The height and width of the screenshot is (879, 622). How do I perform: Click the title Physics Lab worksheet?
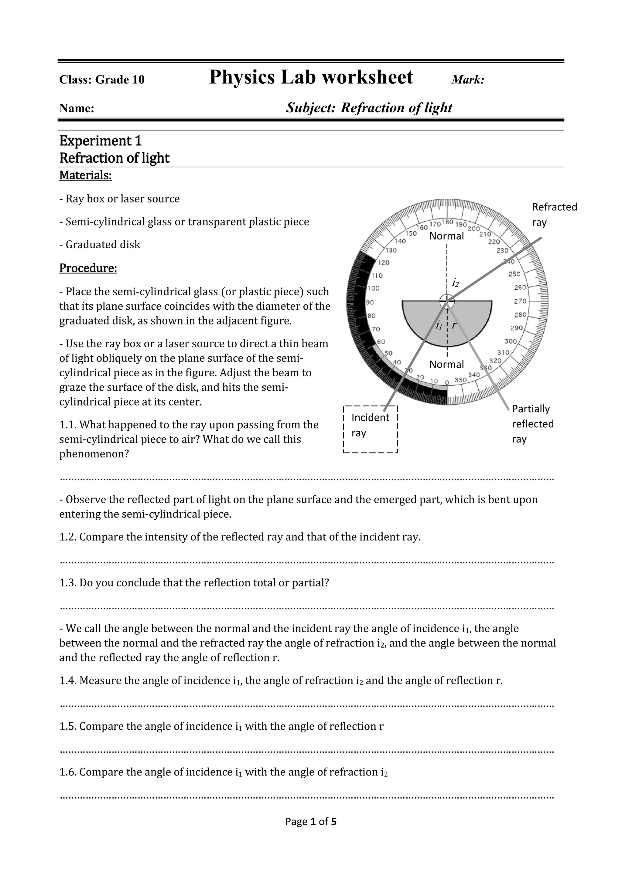(x=311, y=77)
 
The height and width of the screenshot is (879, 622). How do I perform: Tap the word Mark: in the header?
(x=468, y=80)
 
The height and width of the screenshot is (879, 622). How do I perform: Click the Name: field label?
(x=77, y=108)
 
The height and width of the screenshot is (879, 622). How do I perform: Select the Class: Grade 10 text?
(x=102, y=80)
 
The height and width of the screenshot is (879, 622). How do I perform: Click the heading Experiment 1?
(x=100, y=141)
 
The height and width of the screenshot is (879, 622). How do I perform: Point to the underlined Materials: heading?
(x=85, y=175)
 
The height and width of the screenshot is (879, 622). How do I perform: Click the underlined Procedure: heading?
(x=88, y=268)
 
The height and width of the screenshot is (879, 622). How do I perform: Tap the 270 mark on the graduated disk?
(x=520, y=301)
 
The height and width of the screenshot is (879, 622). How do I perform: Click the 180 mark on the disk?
(x=448, y=222)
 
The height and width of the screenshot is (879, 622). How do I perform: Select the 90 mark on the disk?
(x=370, y=302)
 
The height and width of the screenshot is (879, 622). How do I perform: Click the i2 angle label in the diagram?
(x=455, y=283)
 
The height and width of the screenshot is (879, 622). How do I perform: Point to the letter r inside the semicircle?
(x=454, y=325)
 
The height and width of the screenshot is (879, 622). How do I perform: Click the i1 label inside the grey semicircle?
(x=439, y=326)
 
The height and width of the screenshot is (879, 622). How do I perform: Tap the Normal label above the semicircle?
(x=446, y=236)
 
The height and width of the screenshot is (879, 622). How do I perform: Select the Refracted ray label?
(x=554, y=214)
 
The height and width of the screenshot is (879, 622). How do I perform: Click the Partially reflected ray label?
(x=532, y=424)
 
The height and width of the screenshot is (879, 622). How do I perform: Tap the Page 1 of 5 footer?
(x=311, y=821)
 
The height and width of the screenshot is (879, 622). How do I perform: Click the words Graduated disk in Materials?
(x=103, y=245)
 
